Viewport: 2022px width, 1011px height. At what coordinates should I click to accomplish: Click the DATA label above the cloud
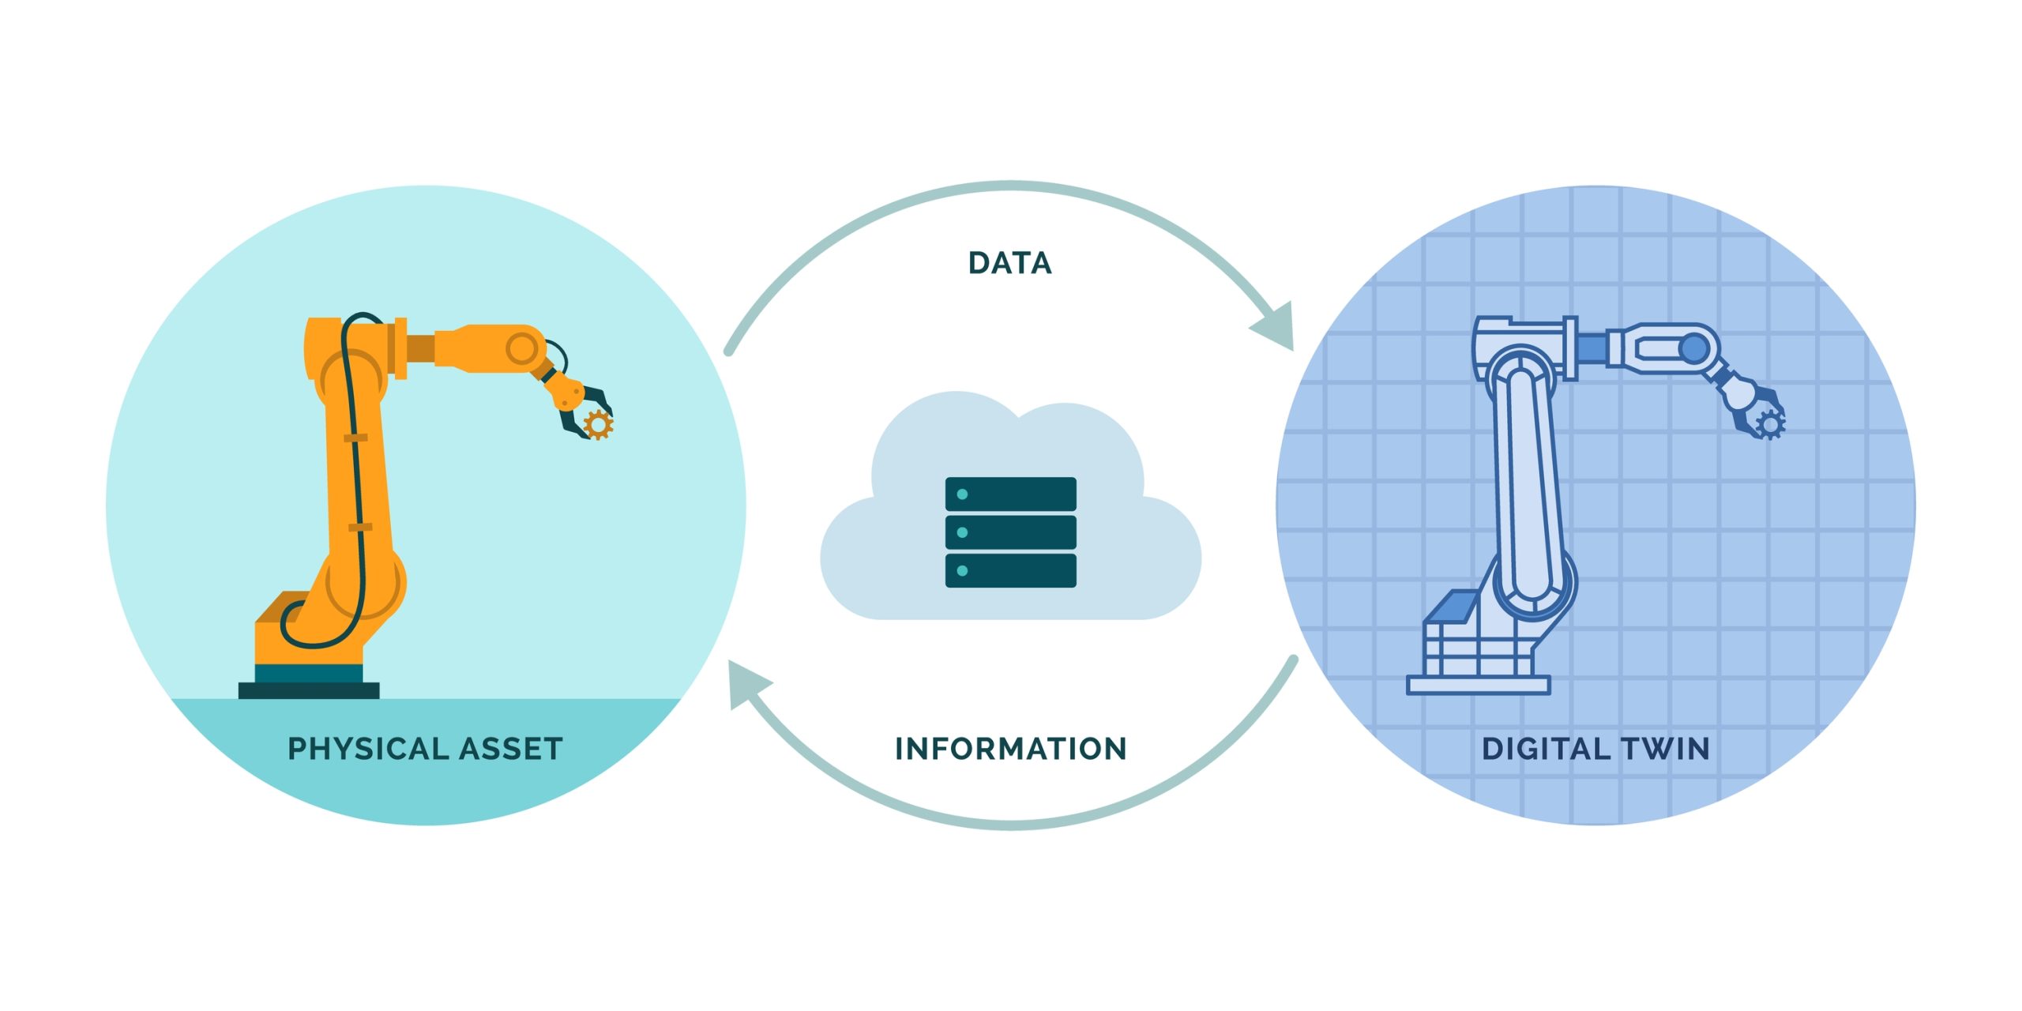pos(1010,263)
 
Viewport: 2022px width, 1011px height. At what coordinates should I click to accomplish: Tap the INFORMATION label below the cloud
pos(1010,749)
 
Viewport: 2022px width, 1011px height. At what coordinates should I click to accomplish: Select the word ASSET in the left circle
pos(511,749)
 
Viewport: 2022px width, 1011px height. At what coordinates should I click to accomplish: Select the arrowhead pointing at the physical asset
pos(746,682)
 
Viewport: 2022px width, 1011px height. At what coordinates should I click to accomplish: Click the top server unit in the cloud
pos(1010,494)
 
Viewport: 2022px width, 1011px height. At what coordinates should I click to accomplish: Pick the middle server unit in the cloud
pos(1010,532)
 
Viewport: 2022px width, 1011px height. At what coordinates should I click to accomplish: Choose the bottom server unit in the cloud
pos(1010,570)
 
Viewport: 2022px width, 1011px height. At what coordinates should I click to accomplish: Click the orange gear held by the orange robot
pos(598,424)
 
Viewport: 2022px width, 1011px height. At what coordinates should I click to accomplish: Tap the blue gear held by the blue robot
pos(1769,424)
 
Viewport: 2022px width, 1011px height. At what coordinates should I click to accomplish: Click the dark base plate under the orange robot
pos(309,691)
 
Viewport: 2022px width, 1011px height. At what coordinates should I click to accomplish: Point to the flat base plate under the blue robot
pos(1478,685)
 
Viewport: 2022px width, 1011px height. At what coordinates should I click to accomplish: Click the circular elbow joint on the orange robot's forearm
pos(522,348)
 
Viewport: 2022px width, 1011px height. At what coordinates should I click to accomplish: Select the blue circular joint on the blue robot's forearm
pos(1693,348)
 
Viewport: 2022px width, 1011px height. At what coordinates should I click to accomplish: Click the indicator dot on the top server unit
pos(962,494)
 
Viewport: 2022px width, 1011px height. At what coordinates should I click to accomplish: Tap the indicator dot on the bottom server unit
pos(962,570)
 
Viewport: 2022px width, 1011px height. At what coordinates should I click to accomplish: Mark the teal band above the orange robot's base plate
pos(309,673)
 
